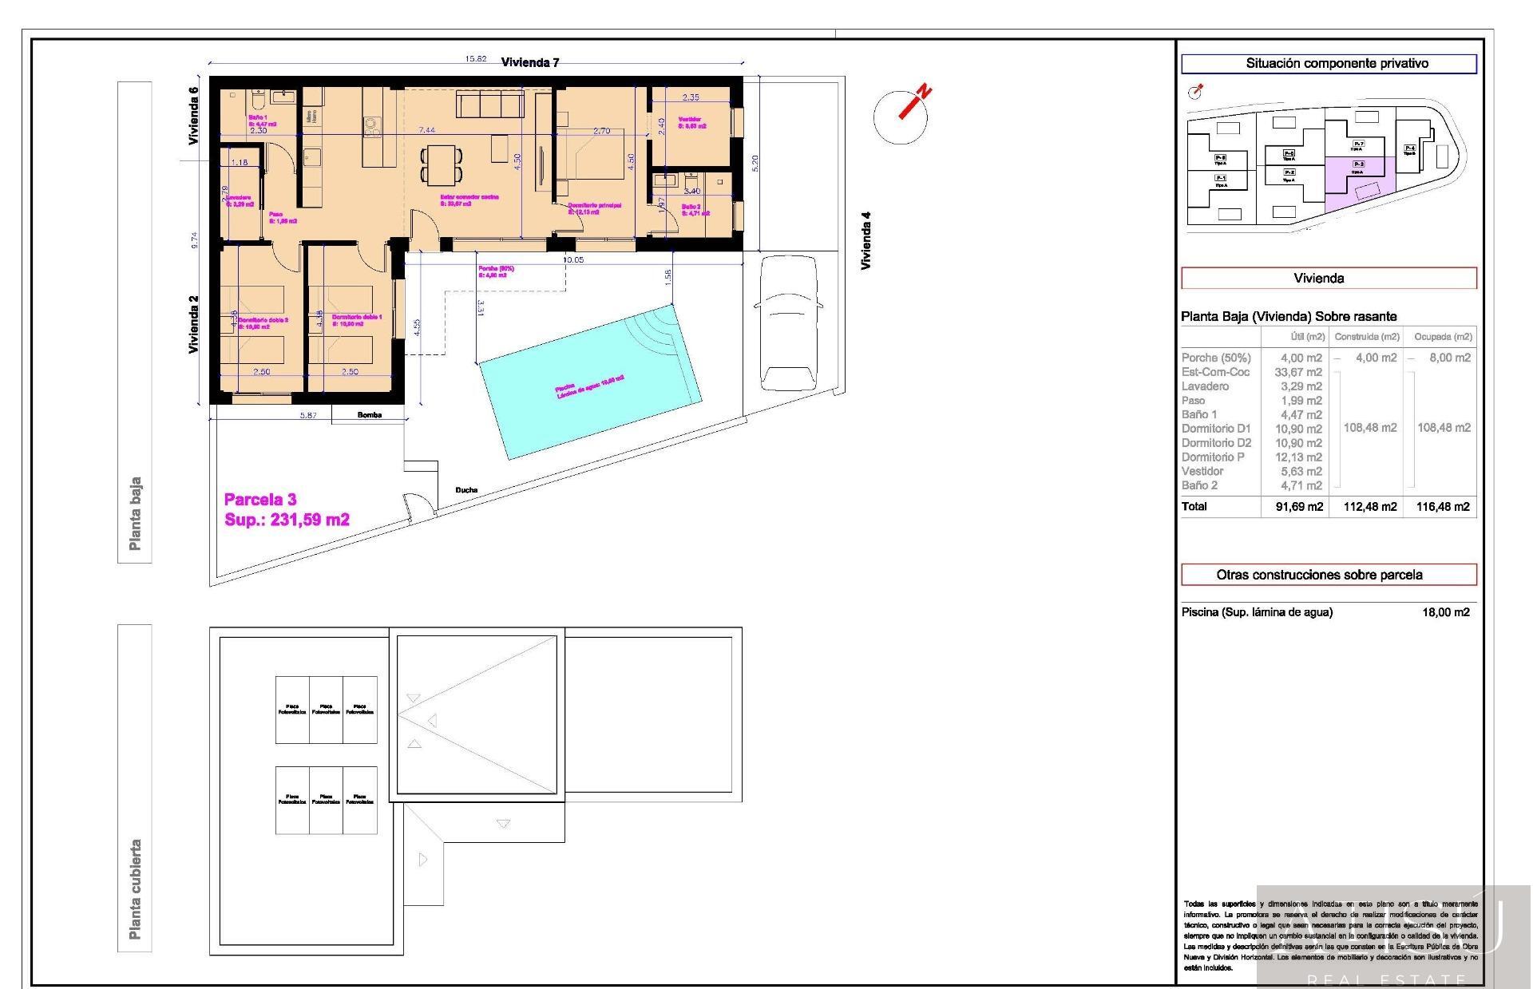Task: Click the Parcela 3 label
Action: tap(260, 500)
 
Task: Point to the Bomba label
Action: tap(370, 415)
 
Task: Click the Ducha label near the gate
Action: tap(466, 490)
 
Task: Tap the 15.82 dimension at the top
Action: tap(476, 59)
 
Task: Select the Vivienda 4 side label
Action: tap(866, 240)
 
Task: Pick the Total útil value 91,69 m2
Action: tap(1299, 507)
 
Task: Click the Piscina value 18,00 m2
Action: tap(1445, 612)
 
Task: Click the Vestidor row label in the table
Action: tap(1202, 471)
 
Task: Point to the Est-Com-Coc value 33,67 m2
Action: tap(1301, 372)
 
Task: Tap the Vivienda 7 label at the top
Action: tap(530, 63)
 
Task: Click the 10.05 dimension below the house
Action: tap(573, 260)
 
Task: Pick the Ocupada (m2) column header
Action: tap(1443, 337)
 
